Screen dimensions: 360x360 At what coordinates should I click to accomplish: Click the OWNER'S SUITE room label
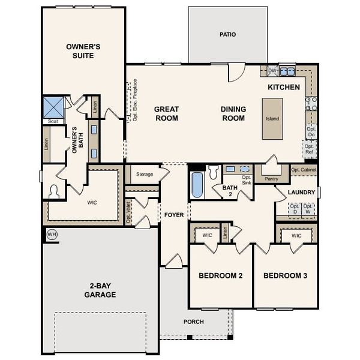[83, 51]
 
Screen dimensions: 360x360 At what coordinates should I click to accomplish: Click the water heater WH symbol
[52, 233]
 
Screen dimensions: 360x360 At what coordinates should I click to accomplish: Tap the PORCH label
[193, 322]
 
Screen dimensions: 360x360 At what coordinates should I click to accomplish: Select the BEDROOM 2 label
[220, 276]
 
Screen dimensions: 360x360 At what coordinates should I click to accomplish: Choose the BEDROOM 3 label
[285, 276]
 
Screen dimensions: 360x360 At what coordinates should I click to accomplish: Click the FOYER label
[174, 214]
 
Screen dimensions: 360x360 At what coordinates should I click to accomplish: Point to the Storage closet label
[145, 175]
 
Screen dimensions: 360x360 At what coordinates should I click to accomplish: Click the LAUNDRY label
[301, 193]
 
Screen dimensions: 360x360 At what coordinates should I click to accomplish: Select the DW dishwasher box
[272, 71]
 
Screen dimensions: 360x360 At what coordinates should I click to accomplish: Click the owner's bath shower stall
[53, 108]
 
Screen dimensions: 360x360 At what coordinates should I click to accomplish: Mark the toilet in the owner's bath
[55, 191]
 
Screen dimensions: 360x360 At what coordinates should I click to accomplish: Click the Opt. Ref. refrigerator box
[310, 149]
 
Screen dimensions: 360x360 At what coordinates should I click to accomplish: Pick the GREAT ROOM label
[166, 113]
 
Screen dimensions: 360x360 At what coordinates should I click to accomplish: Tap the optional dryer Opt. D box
[295, 209]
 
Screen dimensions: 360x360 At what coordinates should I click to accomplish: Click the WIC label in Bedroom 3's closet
[296, 236]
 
